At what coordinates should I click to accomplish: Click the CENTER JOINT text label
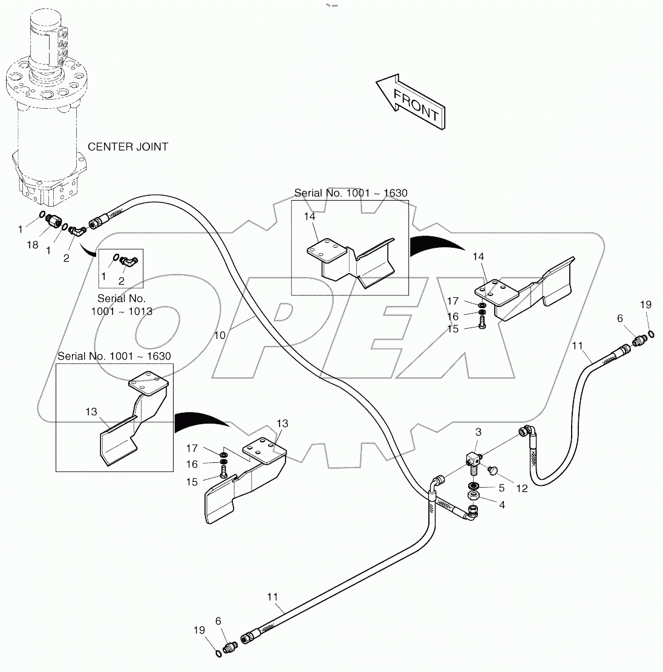click(x=128, y=147)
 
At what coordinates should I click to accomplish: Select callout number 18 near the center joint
click(x=32, y=245)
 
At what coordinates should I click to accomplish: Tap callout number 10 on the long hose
click(x=220, y=334)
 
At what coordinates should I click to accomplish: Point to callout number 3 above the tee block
click(x=478, y=432)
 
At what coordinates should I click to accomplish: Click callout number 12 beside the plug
click(x=522, y=488)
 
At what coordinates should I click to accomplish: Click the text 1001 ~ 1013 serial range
click(x=121, y=311)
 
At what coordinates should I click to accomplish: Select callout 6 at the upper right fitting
click(x=619, y=318)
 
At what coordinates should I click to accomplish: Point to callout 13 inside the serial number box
click(x=91, y=412)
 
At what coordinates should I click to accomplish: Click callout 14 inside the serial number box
click(x=310, y=216)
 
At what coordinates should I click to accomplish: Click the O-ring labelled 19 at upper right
click(x=650, y=335)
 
